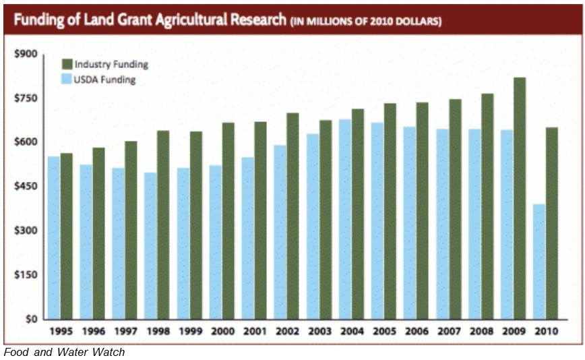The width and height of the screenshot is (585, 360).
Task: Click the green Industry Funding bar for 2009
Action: click(x=519, y=198)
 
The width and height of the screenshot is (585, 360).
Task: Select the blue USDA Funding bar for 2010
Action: click(x=538, y=261)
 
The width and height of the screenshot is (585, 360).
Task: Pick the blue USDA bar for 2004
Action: click(x=344, y=219)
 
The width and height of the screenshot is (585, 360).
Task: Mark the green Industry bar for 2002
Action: click(x=292, y=216)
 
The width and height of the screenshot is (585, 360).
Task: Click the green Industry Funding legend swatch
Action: click(x=67, y=64)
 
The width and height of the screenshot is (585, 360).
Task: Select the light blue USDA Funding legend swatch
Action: click(x=67, y=80)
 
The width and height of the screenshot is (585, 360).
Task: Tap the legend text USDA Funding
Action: click(x=105, y=80)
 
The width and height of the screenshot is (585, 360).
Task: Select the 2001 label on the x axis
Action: click(x=254, y=332)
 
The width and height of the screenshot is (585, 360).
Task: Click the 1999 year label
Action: click(x=189, y=332)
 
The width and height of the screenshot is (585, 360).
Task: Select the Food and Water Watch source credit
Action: click(x=64, y=352)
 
